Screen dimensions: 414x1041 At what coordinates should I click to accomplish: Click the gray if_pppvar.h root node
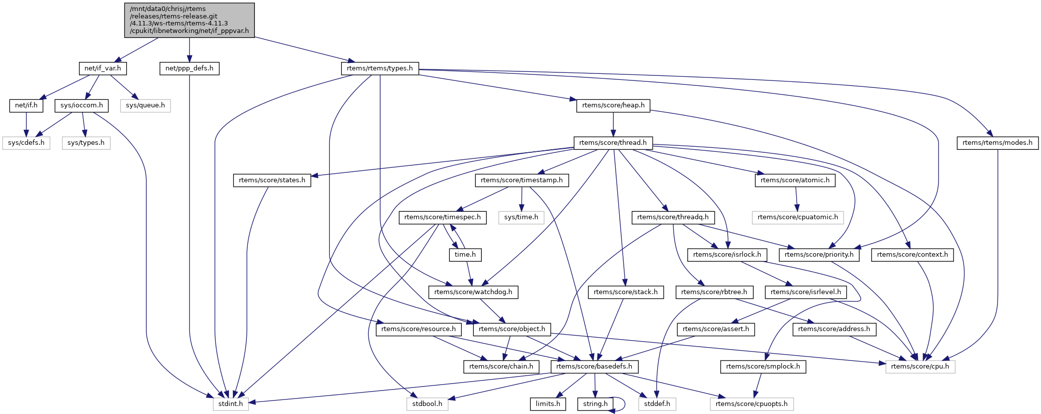tap(189, 20)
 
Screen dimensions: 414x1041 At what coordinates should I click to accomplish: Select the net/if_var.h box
tap(102, 68)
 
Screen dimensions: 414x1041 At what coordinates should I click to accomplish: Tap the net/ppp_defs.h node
tap(189, 68)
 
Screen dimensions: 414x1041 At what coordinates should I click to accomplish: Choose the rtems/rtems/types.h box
tap(380, 68)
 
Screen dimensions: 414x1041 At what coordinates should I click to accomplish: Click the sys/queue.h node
tap(145, 105)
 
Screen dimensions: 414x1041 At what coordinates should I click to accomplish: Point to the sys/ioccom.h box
tap(81, 105)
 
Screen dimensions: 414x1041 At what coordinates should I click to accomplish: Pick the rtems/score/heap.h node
tap(613, 105)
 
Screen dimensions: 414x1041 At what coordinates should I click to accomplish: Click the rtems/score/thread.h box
tap(613, 143)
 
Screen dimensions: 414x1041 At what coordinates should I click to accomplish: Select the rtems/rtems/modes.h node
tap(997, 143)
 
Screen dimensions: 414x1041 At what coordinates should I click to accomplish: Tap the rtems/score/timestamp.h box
tap(522, 180)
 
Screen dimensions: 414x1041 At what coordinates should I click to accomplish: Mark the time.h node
tap(465, 255)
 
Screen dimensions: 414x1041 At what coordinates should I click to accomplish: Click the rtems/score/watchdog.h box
tap(473, 292)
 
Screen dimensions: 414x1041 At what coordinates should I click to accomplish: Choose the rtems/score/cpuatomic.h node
tap(798, 217)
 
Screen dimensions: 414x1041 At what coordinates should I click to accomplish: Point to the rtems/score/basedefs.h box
tap(594, 367)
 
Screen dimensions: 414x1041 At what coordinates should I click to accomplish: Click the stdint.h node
tap(231, 404)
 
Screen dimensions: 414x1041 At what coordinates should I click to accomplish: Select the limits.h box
tap(548, 404)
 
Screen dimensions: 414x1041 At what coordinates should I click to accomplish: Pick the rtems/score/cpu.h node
tap(920, 367)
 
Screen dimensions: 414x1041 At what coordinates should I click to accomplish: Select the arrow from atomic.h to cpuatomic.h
tap(797, 199)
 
